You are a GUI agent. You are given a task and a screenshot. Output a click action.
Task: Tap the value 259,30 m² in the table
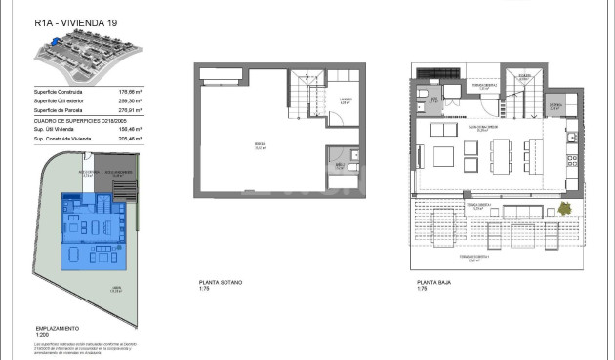pos(130,101)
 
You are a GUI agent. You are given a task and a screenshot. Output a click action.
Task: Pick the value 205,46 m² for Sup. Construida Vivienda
pos(130,140)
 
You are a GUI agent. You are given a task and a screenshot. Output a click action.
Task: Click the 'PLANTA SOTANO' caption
pos(220,282)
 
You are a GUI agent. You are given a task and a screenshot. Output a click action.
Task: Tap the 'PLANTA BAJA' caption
pos(432,282)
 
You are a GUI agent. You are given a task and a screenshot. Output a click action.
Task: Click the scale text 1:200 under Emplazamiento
pos(41,336)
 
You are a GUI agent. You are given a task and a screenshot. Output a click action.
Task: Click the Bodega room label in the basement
pos(259,147)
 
